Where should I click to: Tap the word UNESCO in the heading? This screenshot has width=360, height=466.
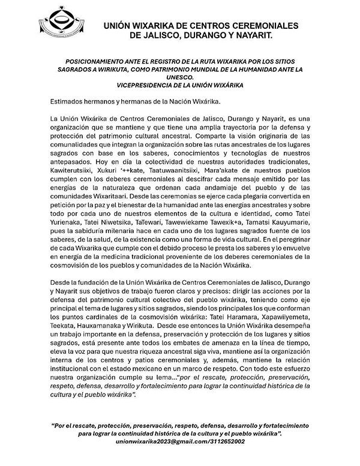pos(181,77)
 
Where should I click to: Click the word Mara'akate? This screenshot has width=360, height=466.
pos(227,171)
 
